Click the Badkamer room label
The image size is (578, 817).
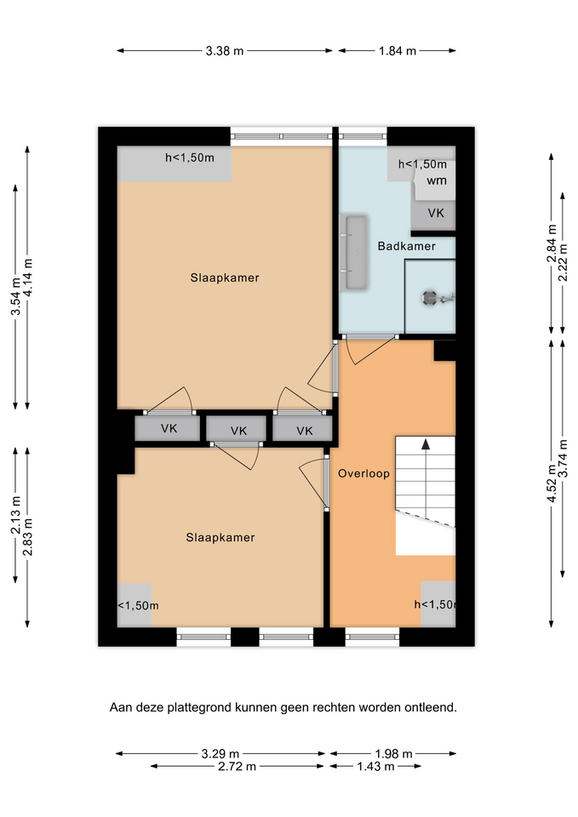click(x=407, y=246)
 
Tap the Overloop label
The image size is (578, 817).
click(x=363, y=474)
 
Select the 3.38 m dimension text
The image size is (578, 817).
click(x=225, y=51)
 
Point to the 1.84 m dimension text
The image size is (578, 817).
click(x=398, y=51)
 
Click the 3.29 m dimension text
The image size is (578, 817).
click(x=220, y=753)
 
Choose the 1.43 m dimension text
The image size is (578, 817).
click(x=375, y=767)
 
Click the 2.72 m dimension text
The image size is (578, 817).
click(x=237, y=767)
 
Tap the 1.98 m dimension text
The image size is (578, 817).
click(x=393, y=753)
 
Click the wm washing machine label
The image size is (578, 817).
click(x=437, y=180)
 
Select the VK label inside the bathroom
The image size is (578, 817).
click(x=436, y=213)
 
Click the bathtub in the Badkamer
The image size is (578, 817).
click(x=357, y=253)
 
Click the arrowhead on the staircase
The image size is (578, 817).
click(x=426, y=444)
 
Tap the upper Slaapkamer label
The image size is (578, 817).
click(x=225, y=277)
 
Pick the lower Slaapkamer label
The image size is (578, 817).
click(x=220, y=537)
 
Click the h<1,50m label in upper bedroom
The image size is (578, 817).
click(x=190, y=157)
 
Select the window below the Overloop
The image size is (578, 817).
click(x=372, y=637)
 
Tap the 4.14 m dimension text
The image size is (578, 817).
click(x=28, y=277)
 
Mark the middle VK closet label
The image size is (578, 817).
click(x=238, y=431)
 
